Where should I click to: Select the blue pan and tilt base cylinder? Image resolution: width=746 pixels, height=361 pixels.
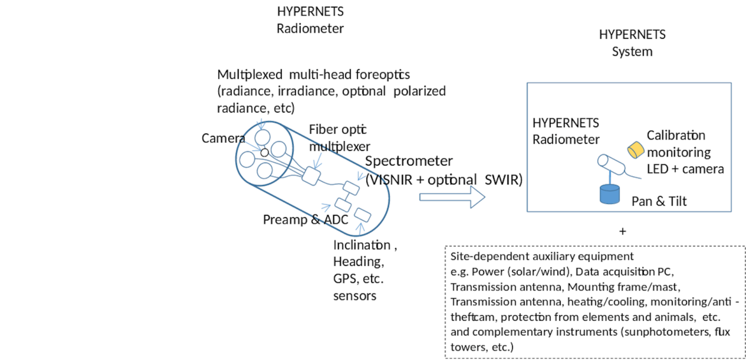coord(610,194)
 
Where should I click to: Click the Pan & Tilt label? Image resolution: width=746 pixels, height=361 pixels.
coord(659,202)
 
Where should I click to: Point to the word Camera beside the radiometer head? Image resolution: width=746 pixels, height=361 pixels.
coord(223,138)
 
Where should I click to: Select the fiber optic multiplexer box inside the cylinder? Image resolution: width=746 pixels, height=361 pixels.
coord(313,175)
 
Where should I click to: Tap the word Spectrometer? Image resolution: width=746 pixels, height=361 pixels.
coord(409,161)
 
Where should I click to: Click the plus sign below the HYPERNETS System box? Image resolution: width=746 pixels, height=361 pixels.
coord(623,231)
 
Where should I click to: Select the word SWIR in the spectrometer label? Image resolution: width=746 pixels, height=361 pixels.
coord(503,180)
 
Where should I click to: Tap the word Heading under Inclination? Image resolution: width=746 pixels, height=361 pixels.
coord(358,262)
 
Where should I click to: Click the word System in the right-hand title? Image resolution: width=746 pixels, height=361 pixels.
coord(632,52)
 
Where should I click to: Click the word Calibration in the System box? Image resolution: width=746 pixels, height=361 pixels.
coord(676,136)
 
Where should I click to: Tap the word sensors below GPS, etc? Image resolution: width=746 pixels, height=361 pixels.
coord(355,295)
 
